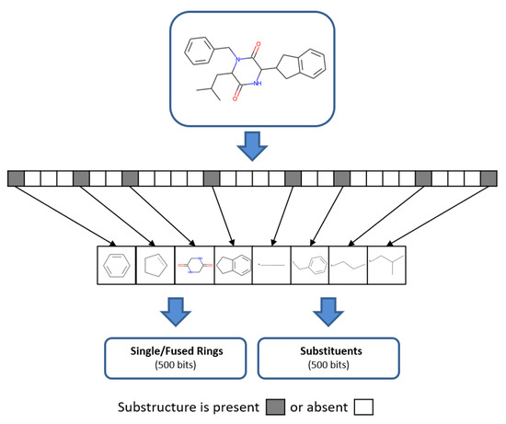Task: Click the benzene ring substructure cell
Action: [x=117, y=264]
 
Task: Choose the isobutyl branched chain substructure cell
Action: [x=387, y=264]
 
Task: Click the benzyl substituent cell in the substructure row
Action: [x=310, y=264]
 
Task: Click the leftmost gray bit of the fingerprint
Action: [x=15, y=178]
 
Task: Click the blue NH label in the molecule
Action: [x=259, y=85]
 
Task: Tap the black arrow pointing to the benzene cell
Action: [x=64, y=213]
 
